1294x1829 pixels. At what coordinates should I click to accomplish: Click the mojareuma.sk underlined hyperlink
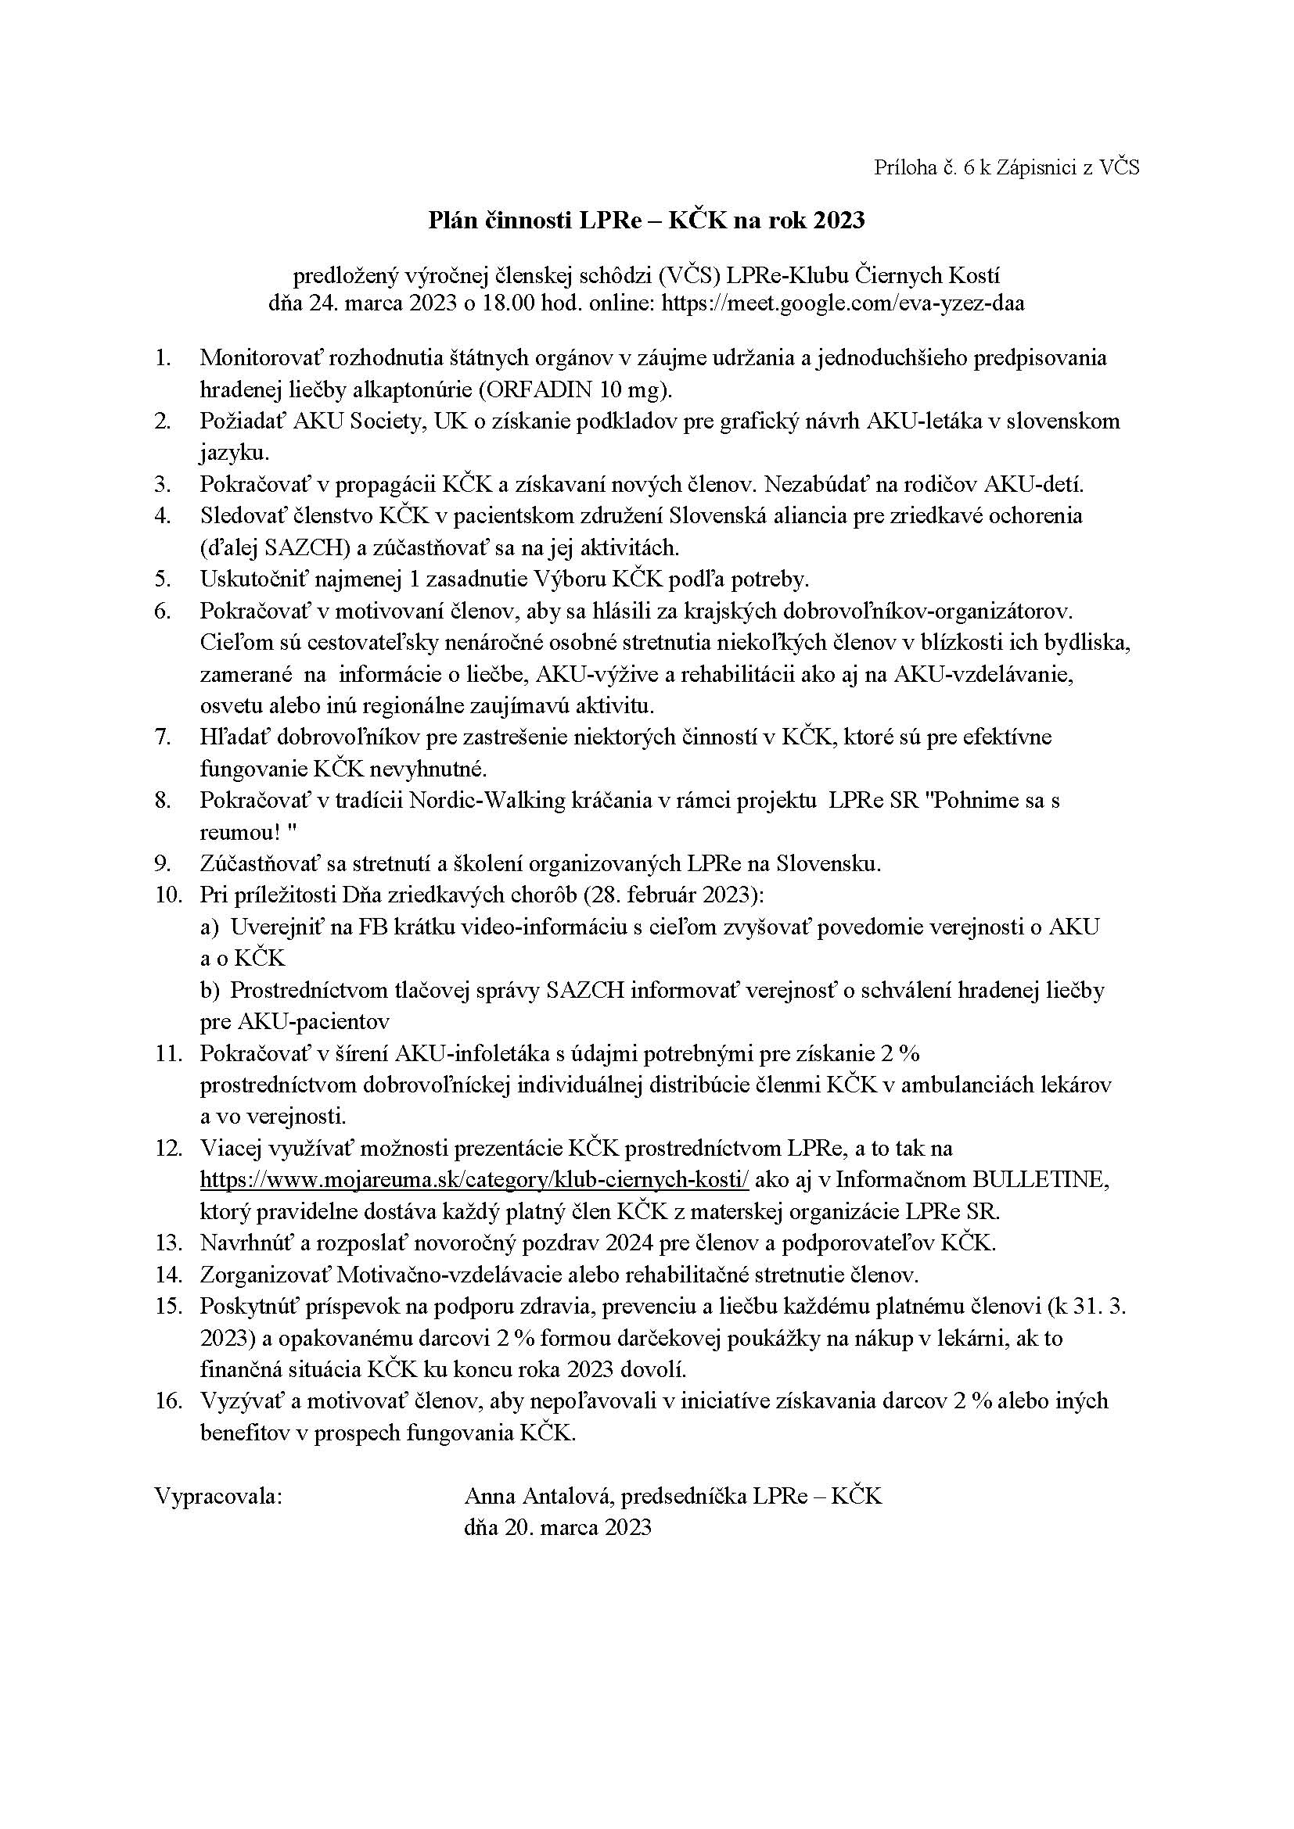tap(474, 1180)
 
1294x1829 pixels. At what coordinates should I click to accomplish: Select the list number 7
tap(164, 737)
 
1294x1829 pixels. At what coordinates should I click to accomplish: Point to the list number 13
tap(169, 1243)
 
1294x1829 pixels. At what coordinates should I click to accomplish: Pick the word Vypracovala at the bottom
tap(218, 1496)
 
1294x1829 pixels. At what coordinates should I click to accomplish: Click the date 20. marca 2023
tap(558, 1527)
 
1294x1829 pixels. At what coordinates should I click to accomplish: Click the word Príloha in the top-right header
tap(903, 167)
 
